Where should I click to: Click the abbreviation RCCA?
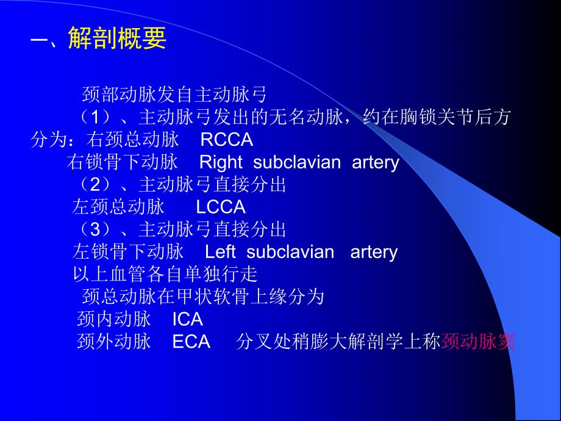tap(226, 140)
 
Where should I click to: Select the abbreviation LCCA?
tap(221, 207)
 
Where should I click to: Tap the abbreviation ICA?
tap(187, 319)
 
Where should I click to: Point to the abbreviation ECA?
tap(191, 342)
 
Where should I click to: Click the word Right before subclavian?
tap(221, 162)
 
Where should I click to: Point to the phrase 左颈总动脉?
tap(118, 207)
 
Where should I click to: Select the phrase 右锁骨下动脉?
tap(123, 162)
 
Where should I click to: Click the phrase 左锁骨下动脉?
tap(128, 252)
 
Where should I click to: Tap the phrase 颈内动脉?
tap(114, 319)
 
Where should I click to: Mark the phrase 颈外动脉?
tap(114, 342)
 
